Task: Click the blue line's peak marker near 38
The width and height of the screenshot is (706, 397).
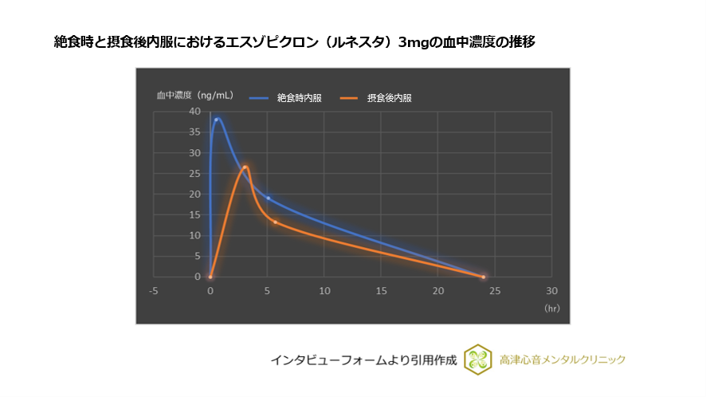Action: (x=216, y=120)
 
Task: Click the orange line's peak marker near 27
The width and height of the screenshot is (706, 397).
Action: (x=245, y=167)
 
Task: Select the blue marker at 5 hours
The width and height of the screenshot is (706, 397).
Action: (x=268, y=198)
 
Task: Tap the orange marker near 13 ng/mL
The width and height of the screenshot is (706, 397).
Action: (x=276, y=222)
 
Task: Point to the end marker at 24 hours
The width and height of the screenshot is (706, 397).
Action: (x=484, y=277)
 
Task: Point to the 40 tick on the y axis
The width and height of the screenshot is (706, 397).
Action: (x=194, y=111)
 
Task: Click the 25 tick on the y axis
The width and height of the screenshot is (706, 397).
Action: (x=194, y=173)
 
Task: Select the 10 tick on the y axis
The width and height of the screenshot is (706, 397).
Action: (x=194, y=235)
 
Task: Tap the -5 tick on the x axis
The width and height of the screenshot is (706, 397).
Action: (x=153, y=291)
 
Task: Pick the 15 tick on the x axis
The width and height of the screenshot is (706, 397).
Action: (x=381, y=291)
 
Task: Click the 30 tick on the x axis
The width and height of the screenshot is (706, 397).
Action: (x=552, y=291)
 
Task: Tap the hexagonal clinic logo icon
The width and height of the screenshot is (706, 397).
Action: (x=477, y=360)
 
